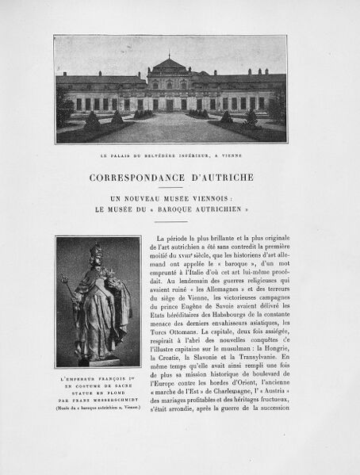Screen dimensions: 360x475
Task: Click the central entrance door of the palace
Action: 170,104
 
